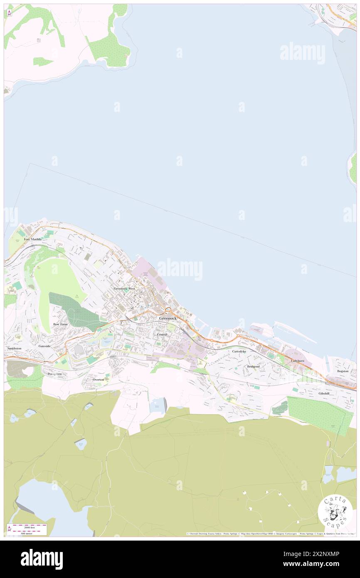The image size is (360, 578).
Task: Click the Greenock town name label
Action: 168,318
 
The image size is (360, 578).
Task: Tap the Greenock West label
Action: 124,288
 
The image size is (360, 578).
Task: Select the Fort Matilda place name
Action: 33,239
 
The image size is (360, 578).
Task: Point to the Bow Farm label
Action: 60,324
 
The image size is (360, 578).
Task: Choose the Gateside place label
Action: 44,346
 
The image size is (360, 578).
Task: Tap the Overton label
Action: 99,380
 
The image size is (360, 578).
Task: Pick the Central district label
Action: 162,334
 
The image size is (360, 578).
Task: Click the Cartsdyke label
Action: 239,351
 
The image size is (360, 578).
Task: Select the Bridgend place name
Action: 253,366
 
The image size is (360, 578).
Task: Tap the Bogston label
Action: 343,371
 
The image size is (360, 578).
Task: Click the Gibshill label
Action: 324,393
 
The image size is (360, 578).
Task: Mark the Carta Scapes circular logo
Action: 335,512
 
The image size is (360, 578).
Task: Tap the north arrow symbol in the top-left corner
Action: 9,12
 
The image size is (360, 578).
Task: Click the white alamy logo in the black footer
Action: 42,559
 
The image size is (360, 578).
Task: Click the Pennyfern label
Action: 54,374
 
